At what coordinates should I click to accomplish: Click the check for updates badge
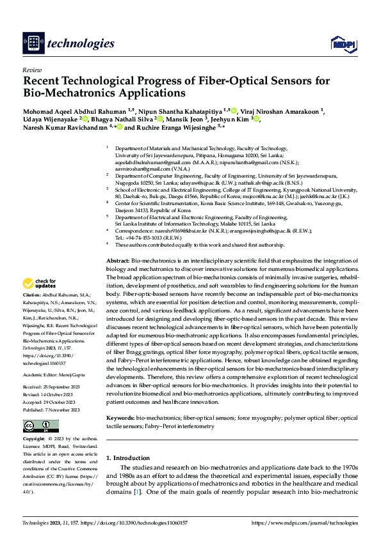coord(40,283)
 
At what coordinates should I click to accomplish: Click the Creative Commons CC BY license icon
coord(40,426)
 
